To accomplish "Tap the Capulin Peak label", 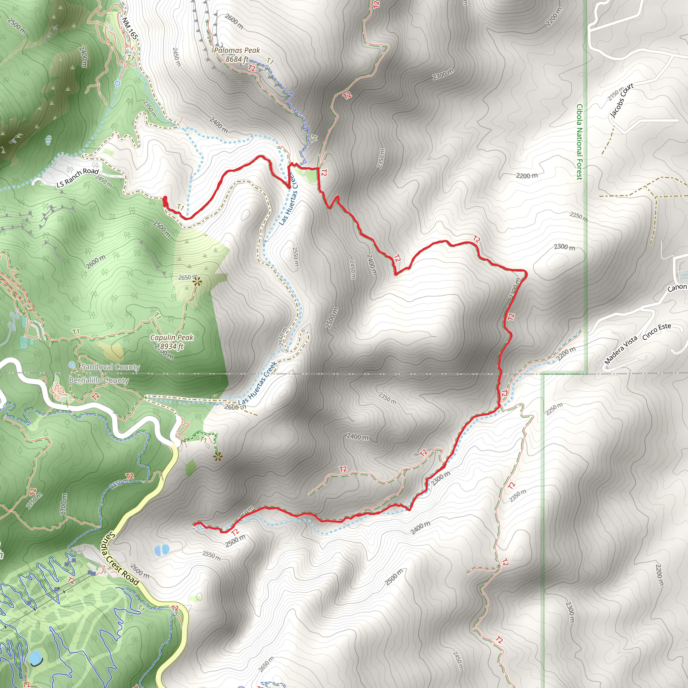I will [x=172, y=337].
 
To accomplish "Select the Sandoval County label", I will [x=111, y=367].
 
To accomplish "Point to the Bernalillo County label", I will [x=99, y=380].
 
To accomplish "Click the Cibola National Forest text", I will [x=579, y=142].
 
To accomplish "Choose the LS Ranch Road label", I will [x=78, y=177].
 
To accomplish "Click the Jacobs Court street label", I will [x=622, y=100].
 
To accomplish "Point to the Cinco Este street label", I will [x=657, y=332].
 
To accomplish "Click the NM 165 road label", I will [x=130, y=29].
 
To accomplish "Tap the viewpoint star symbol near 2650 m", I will [x=197, y=282].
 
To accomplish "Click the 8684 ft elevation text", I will [x=237, y=59].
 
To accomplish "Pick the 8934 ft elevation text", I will [x=172, y=346].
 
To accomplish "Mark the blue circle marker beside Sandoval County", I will [x=72, y=365].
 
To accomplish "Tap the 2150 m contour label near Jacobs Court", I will [x=616, y=93].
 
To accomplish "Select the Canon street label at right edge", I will [x=677, y=287].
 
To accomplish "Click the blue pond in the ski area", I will [x=36, y=658].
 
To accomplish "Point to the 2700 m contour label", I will [x=63, y=504].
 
